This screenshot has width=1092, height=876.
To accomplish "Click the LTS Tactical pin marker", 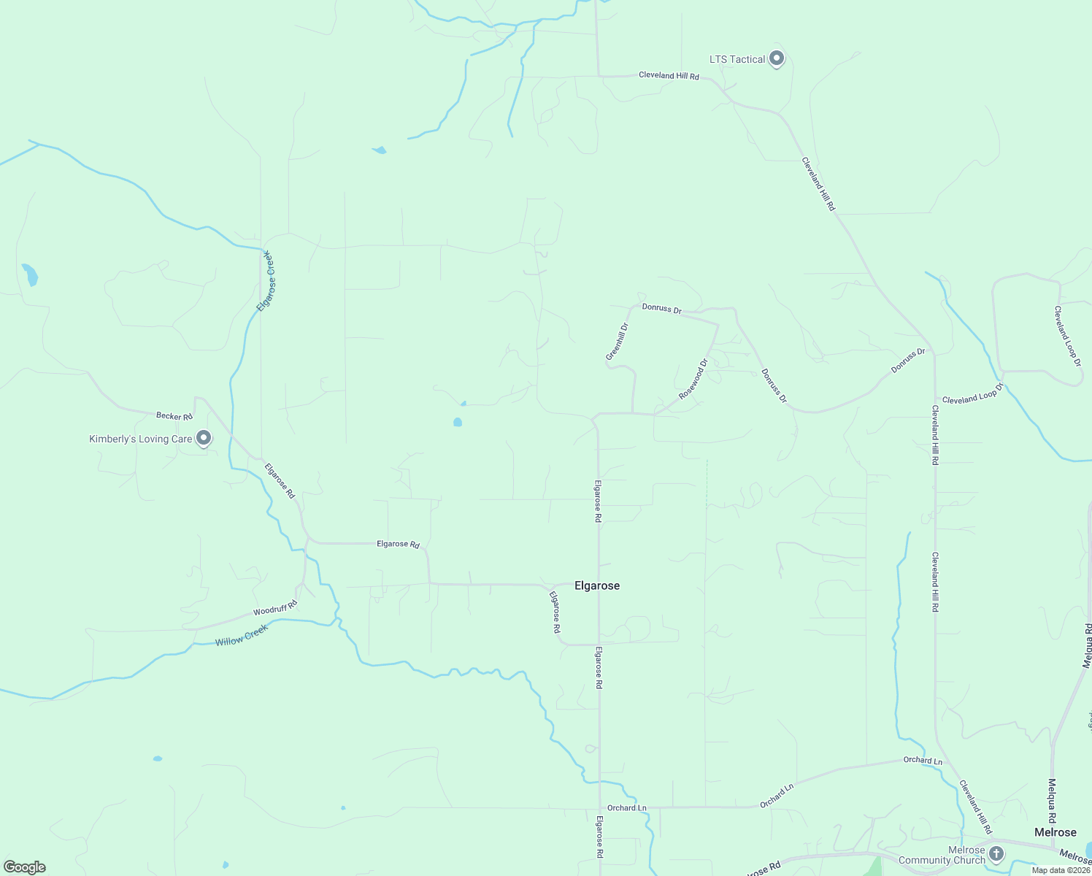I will pyautogui.click(x=777, y=58).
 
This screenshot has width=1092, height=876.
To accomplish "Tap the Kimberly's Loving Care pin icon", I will pyautogui.click(x=204, y=438).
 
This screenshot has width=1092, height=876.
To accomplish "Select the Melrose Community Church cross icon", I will pyautogui.click(x=996, y=853).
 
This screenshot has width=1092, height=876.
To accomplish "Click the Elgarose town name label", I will pyautogui.click(x=597, y=585).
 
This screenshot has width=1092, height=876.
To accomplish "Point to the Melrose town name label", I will pyautogui.click(x=1056, y=832).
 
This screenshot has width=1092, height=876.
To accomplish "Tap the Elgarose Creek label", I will pyautogui.click(x=267, y=281).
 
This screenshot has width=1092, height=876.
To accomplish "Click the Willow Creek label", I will pyautogui.click(x=242, y=635).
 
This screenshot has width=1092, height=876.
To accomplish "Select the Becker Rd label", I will pyautogui.click(x=174, y=416).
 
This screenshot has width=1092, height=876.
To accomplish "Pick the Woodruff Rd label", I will pyautogui.click(x=275, y=607).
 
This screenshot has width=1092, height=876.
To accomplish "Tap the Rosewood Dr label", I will pyautogui.click(x=693, y=379).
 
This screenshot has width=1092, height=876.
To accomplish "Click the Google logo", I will pyautogui.click(x=25, y=867).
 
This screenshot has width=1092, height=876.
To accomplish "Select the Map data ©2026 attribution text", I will pyautogui.click(x=1061, y=870).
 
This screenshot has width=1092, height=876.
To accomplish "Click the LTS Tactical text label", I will pyautogui.click(x=737, y=59).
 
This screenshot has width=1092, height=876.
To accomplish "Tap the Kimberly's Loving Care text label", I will pyautogui.click(x=140, y=439).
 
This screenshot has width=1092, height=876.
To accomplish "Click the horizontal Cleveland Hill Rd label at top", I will pyautogui.click(x=669, y=76).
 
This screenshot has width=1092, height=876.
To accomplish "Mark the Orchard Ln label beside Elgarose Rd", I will pyautogui.click(x=627, y=807).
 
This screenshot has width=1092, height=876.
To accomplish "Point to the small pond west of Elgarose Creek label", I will pyautogui.click(x=29, y=274).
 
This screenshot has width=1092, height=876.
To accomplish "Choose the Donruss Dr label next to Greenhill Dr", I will pyautogui.click(x=661, y=309).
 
